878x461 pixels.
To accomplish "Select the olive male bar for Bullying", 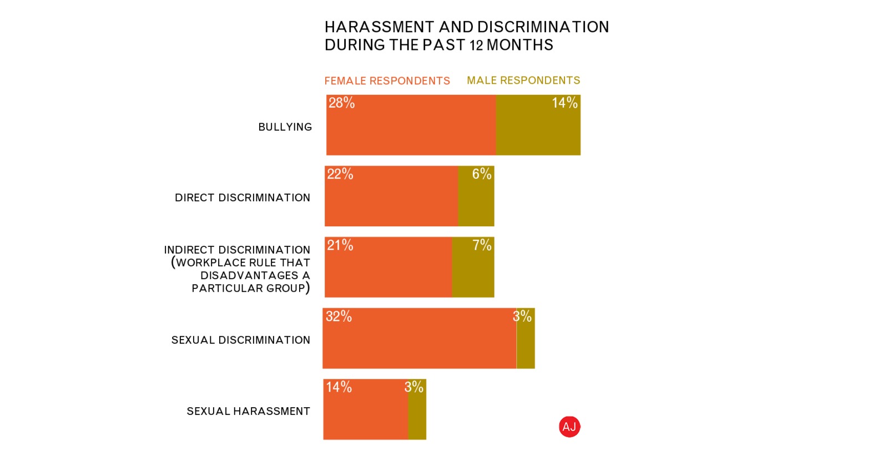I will [538, 130].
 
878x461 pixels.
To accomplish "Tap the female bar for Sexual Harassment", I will [365, 413].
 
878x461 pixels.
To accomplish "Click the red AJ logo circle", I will [569, 427].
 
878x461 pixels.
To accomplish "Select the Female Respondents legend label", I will [387, 81].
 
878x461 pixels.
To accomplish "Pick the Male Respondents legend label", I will [523, 80].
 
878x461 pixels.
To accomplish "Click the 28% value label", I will [341, 103].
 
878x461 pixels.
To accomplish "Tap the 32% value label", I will [339, 316].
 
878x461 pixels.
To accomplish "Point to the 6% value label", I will [482, 174].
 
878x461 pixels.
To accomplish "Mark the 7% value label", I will [482, 245].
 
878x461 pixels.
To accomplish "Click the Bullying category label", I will [285, 127].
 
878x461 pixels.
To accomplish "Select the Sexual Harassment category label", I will [248, 411].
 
